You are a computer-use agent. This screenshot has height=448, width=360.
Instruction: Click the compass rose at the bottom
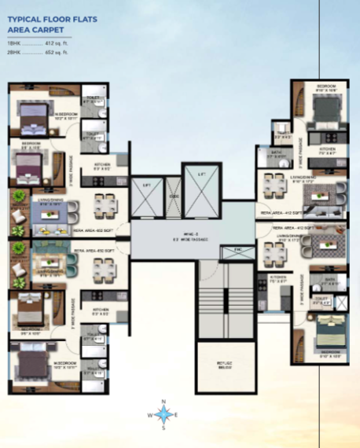(163, 414)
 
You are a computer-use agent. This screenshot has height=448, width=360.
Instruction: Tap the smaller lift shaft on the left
(146, 196)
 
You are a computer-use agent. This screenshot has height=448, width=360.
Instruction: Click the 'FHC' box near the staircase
(233, 249)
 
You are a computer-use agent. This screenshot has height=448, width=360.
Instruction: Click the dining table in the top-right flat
(274, 186)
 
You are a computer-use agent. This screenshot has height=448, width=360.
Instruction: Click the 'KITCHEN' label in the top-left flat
(101, 166)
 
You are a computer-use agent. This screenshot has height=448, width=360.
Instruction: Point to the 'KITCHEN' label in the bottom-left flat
(101, 310)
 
